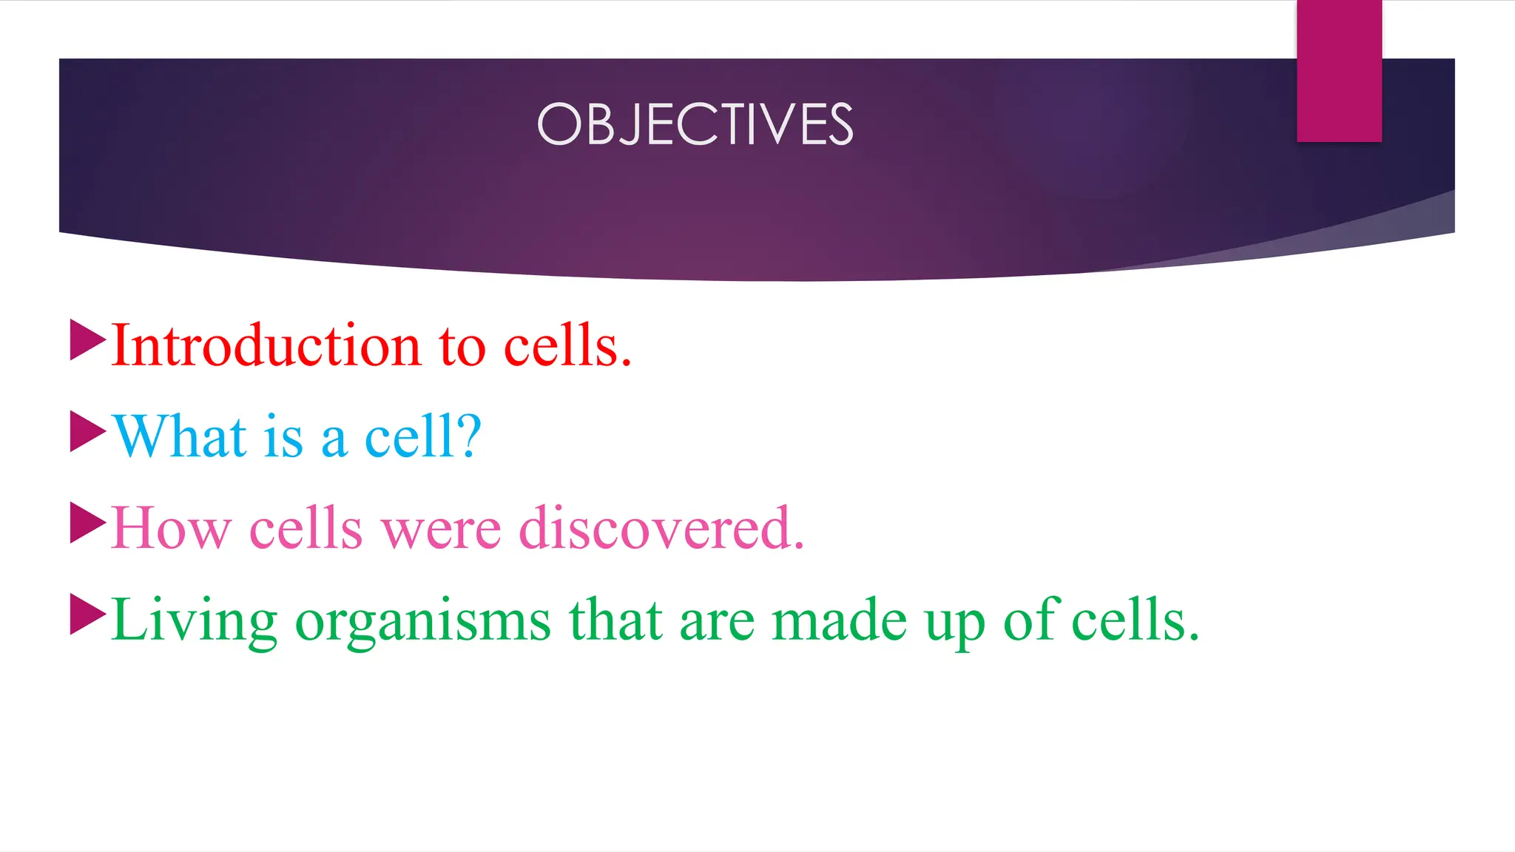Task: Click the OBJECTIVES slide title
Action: pyautogui.click(x=695, y=124)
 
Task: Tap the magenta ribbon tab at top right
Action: pyautogui.click(x=1338, y=71)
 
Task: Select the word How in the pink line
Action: pyautogui.click(x=171, y=528)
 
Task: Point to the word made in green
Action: pyautogui.click(x=839, y=620)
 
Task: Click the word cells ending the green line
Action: pyautogui.click(x=1135, y=620)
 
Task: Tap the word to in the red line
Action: pyautogui.click(x=462, y=346)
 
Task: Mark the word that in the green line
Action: pyautogui.click(x=615, y=620)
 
